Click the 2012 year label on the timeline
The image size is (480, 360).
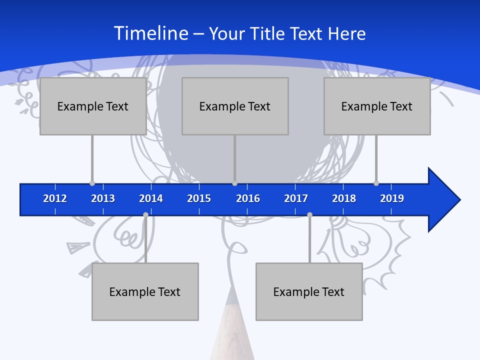click(x=55, y=198)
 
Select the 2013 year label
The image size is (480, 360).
click(x=103, y=198)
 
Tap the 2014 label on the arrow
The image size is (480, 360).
click(x=151, y=198)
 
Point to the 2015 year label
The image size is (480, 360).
click(x=199, y=198)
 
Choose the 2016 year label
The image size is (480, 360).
click(x=248, y=198)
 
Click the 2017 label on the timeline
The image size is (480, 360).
click(x=296, y=198)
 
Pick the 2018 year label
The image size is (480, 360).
click(x=344, y=198)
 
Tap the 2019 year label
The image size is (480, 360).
click(x=392, y=198)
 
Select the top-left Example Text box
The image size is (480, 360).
click(x=93, y=106)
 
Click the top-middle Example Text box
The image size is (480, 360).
click(x=235, y=106)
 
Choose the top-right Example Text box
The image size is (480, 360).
click(x=377, y=106)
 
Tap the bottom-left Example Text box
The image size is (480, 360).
click(x=145, y=291)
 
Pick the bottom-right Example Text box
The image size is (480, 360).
click(x=309, y=291)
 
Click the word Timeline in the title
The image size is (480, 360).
click(x=150, y=33)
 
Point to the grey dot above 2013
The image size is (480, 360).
click(x=92, y=183)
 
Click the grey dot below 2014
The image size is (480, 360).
click(x=145, y=215)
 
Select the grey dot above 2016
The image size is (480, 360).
click(x=234, y=183)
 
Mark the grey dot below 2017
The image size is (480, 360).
click(x=309, y=215)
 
